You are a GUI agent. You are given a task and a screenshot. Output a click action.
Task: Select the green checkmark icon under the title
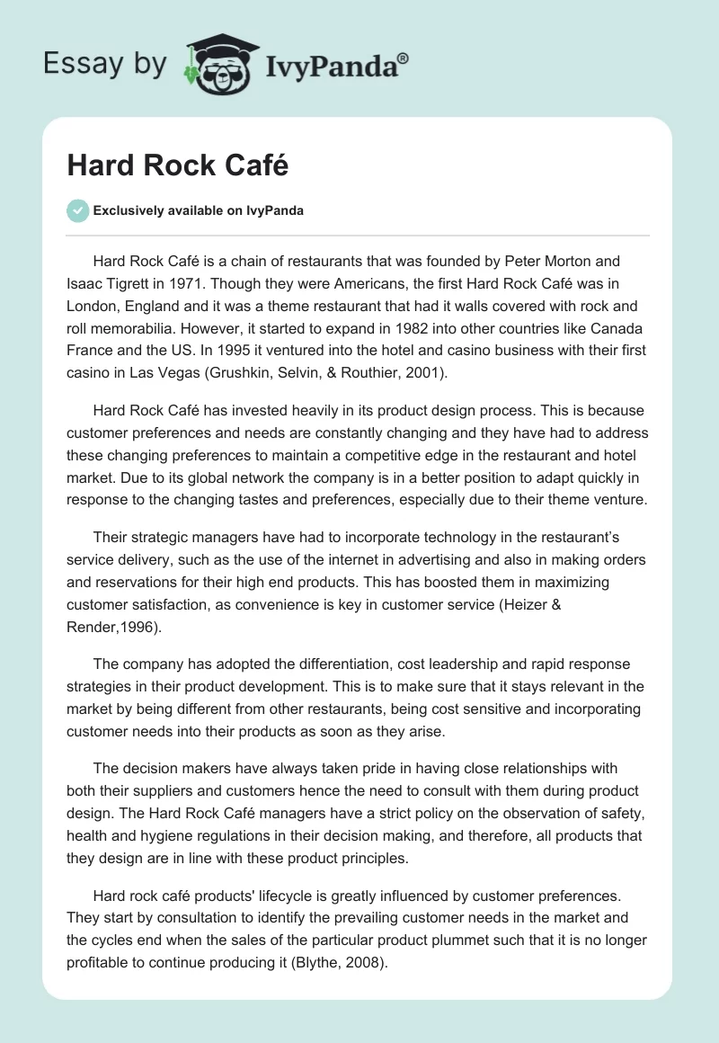pos(77,210)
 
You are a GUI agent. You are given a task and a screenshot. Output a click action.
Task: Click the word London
pos(94,306)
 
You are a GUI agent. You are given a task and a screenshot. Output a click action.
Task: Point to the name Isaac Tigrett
pos(111,284)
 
